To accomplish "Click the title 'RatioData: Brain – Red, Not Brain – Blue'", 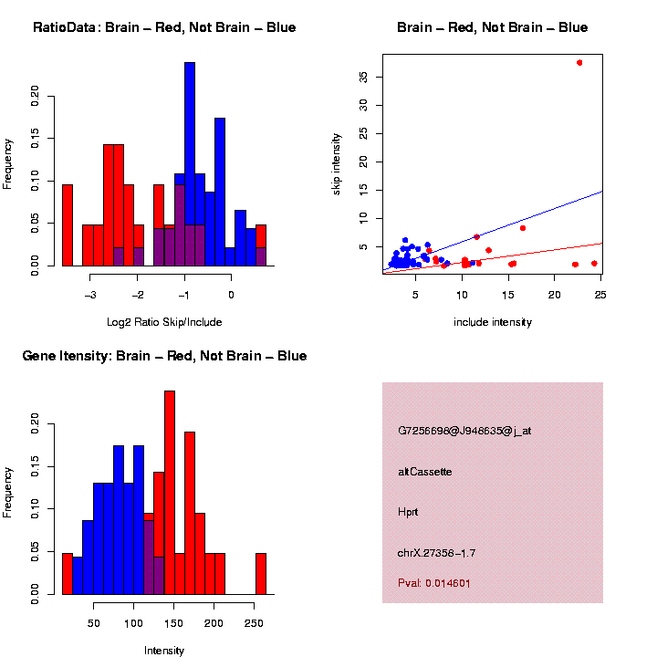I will pos(164,27).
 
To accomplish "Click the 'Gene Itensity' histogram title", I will pos(164,355).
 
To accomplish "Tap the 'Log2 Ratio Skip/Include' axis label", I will pos(164,322).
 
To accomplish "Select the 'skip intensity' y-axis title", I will pos(337,162).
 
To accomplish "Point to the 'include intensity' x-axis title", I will pos(492,322).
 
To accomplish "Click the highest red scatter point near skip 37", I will pos(579,62).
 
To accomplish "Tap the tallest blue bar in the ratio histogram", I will pos(190,164).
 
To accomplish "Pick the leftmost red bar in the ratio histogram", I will pos(67,224).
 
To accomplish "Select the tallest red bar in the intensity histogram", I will pos(170,493).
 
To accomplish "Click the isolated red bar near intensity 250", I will pos(261,573).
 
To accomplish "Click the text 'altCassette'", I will pos(424,472).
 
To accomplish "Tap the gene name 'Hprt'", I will pos(408,512).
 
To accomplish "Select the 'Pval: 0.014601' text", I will pos(434,582).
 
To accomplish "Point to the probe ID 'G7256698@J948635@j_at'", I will pos(464,431).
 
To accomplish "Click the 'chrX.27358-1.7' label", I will pos(436,552).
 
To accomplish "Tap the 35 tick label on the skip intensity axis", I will pos(364,77).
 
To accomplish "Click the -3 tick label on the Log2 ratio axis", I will pos(90,295).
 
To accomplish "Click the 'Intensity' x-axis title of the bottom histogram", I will pos(164,651).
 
